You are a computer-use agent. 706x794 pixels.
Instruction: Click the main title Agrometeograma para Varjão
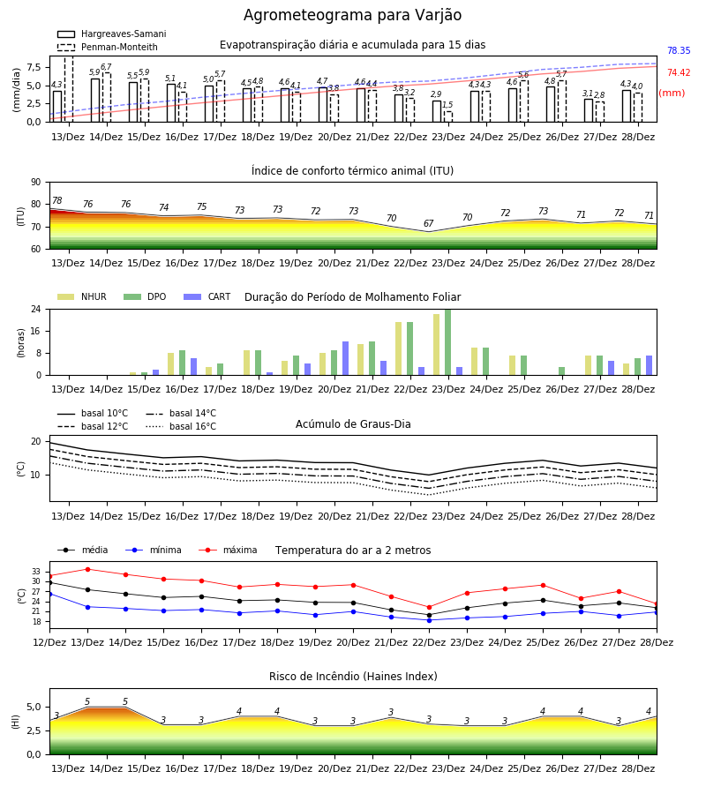pos(352,15)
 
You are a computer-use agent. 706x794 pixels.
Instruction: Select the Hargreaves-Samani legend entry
pos(111,34)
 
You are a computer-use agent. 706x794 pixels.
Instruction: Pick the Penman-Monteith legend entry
pos(108,47)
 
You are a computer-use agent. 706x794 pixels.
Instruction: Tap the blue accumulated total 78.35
pos(679,50)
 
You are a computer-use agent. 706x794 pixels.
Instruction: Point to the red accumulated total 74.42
pos(679,72)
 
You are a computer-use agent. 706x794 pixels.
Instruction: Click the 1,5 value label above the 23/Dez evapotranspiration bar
pos(447,105)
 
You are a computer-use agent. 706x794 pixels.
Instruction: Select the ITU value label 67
pos(429,223)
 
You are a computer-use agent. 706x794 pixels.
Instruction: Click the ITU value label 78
pos(56,200)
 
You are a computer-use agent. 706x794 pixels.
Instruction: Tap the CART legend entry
pos(207,296)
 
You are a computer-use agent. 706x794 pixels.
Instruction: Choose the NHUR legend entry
pos(81,296)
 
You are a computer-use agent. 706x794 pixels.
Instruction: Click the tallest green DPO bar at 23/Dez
pos(447,342)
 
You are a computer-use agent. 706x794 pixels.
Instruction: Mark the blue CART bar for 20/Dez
pos(345,358)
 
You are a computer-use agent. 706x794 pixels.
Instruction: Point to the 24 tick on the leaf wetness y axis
pos(36,309)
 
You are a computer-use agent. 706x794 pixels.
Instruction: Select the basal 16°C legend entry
pos(181,426)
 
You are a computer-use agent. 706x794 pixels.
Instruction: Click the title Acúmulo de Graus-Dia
pos(353,423)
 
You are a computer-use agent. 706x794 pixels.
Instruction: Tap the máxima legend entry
pos(228,550)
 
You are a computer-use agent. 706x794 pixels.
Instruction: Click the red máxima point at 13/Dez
pos(87,569)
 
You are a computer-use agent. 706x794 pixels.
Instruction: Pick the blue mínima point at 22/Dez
pos(429,620)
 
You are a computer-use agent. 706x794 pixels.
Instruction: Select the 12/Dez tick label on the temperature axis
pos(49,642)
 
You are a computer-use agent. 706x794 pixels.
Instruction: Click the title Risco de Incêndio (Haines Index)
pos(353,676)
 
